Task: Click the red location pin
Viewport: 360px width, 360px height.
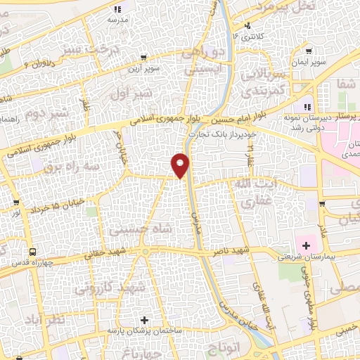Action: [181, 165]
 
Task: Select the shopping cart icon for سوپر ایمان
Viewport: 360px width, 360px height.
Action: [309, 51]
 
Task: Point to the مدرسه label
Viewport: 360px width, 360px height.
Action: [117, 20]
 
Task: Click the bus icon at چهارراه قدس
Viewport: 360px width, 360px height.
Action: [32, 251]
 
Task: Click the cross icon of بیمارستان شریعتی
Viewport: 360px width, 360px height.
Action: [306, 245]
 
